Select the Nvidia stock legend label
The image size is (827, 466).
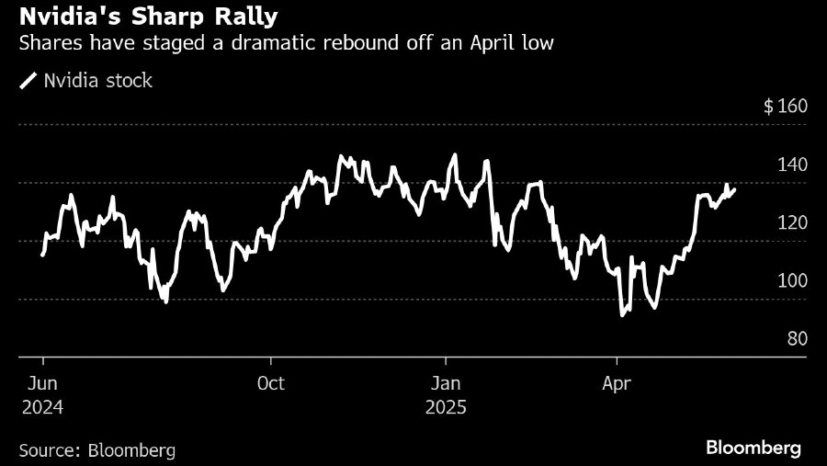coord(97,81)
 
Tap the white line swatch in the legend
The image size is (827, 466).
coord(28,82)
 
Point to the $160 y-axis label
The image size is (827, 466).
coord(785,106)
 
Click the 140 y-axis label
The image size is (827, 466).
coord(792,165)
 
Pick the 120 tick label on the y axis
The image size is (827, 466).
coord(792,222)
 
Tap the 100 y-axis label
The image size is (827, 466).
coord(792,280)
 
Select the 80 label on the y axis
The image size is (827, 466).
coord(797,338)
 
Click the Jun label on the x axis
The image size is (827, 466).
coord(43,382)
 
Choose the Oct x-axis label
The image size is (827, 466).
coord(271,382)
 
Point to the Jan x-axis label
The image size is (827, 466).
coord(446,382)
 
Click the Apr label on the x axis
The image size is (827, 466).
coord(616,382)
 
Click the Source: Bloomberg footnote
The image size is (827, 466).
coord(96,449)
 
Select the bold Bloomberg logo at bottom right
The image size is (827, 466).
coord(753,448)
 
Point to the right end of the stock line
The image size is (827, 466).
coord(734,189)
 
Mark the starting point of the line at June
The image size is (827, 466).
coord(42,255)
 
